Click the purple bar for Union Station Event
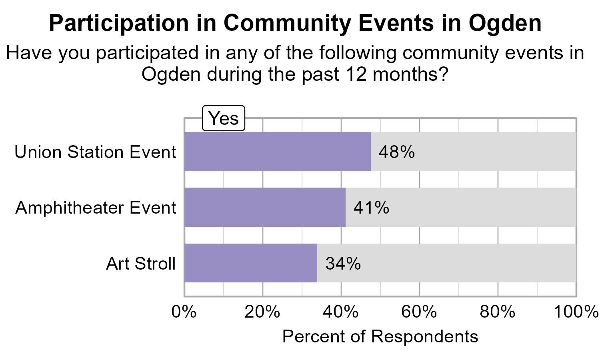pos(277,152)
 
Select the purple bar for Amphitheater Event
pos(265,207)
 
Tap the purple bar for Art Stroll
pos(251,263)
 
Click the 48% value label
pos(396,152)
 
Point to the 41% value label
pos(371,208)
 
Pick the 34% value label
pos(343,264)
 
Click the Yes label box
pos(224,118)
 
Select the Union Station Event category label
pos(95,152)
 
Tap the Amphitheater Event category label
pos(96,208)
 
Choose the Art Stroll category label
pos(141,264)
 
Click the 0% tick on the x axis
pos(184,312)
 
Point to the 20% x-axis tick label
pos(262,312)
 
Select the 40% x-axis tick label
pos(341,312)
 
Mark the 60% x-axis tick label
pos(419,312)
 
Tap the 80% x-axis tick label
pos(498,312)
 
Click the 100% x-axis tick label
pos(575,312)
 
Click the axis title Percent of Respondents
pos(380,336)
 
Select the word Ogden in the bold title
pos(505,23)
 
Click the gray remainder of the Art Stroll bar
pos(446,263)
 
